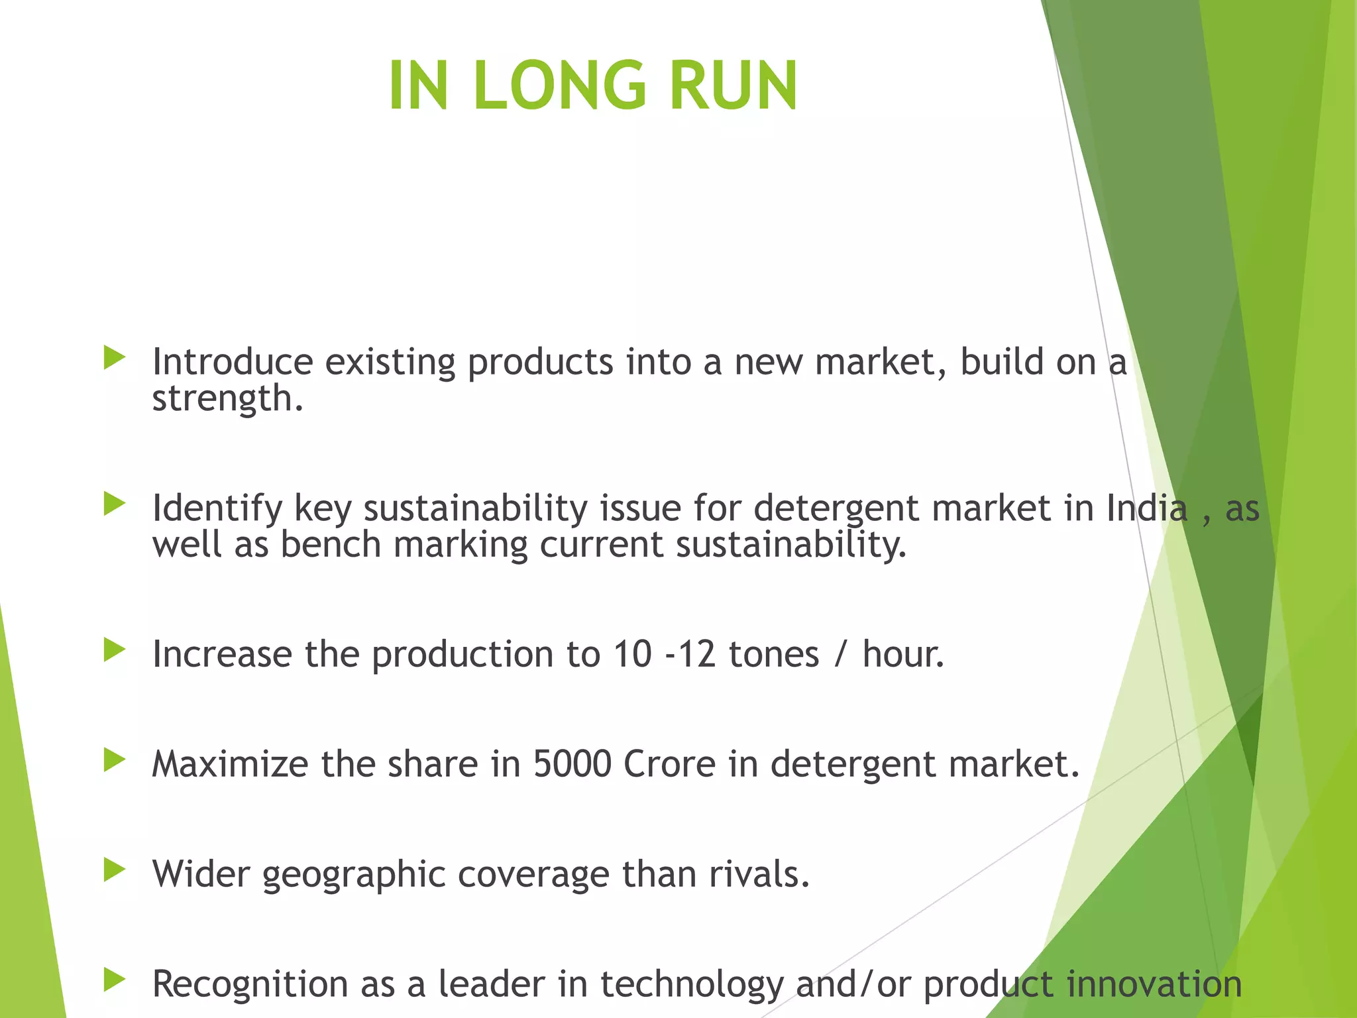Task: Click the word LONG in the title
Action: tap(559, 85)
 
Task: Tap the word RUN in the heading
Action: tap(733, 85)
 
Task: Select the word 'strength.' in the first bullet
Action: tap(227, 399)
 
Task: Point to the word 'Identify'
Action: tap(217, 509)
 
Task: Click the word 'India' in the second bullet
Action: tap(1147, 509)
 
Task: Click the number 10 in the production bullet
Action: tap(633, 654)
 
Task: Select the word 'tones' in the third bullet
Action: tap(774, 654)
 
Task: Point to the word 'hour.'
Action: tap(903, 654)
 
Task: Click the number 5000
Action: tap(572, 764)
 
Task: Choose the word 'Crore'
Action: tap(670, 764)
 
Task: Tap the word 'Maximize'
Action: tap(230, 764)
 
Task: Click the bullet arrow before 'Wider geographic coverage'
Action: tap(115, 870)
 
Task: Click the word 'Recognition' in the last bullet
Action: tap(250, 984)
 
